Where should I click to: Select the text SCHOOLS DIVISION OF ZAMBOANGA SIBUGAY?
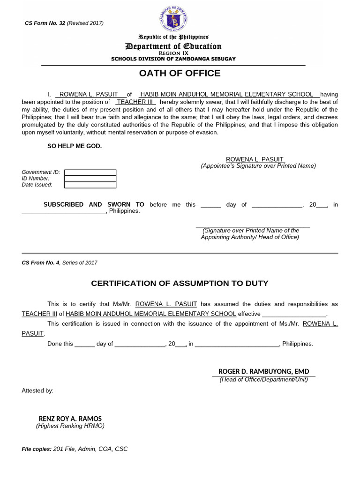[x=173, y=59]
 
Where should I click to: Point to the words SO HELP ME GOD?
[x=75, y=146]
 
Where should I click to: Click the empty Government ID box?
[x=90, y=172]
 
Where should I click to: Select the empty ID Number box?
[x=90, y=179]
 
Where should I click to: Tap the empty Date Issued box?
[x=90, y=185]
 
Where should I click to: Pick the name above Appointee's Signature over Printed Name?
[x=255, y=159]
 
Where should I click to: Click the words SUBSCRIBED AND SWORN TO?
[x=94, y=204]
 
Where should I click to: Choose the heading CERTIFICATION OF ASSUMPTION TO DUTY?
[x=180, y=283]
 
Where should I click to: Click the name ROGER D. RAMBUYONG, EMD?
[x=263, y=371]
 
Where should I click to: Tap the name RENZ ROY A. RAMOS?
[x=70, y=419]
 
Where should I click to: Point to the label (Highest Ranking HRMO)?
[x=70, y=426]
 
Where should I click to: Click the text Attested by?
[x=37, y=390]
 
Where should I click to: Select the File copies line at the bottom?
[x=75, y=449]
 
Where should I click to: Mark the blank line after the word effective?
[x=294, y=314]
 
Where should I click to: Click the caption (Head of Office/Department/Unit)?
[x=264, y=379]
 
